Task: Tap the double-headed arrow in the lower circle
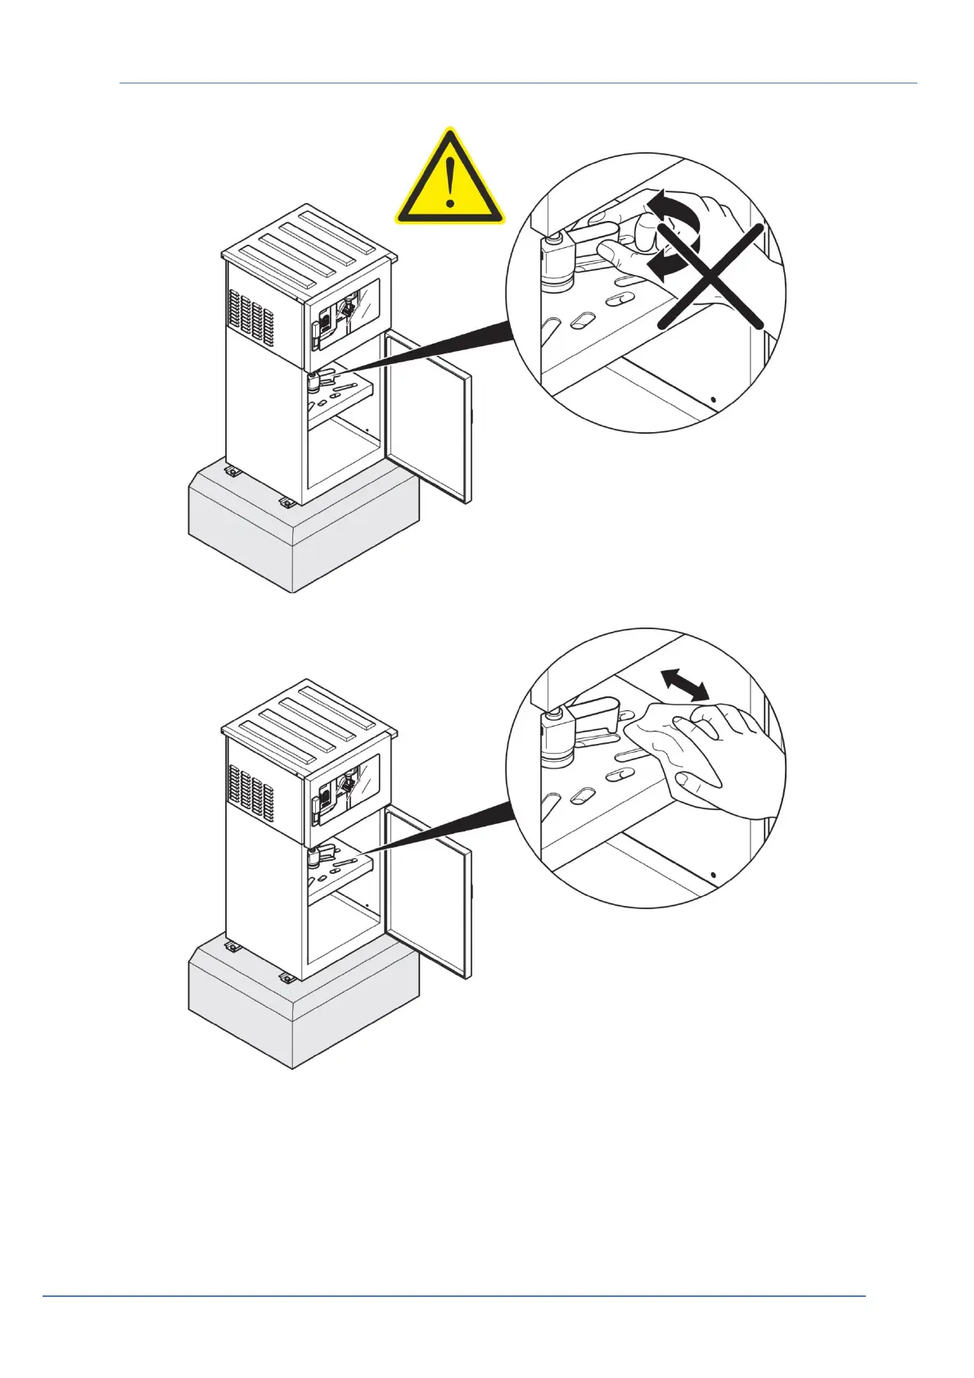[x=685, y=684]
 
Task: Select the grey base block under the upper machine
[x=303, y=532]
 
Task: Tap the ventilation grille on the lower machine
[x=250, y=790]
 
